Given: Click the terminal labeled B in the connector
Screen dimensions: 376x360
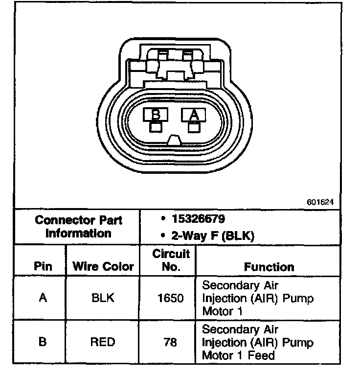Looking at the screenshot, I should pyautogui.click(x=156, y=115).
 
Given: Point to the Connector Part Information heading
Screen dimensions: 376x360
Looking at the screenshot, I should pyautogui.click(x=78, y=226).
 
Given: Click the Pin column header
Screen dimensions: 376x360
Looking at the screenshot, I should pyautogui.click(x=43, y=267).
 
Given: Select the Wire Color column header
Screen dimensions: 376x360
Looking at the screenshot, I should pyautogui.click(x=103, y=267).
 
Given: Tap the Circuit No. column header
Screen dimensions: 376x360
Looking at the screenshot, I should pyautogui.click(x=171, y=260).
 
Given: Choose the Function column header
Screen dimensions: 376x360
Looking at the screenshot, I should pyautogui.click(x=269, y=267).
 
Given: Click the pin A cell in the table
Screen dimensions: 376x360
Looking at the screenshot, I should pyautogui.click(x=43, y=298).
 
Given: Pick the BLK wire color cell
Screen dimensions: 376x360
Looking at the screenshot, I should pyautogui.click(x=103, y=298).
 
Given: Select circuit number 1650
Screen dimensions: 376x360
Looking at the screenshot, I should pyautogui.click(x=171, y=298).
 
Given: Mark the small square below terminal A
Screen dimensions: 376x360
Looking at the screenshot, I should pyautogui.click(x=194, y=127).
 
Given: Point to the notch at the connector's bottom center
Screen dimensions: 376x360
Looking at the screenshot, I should pyautogui.click(x=175, y=141).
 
